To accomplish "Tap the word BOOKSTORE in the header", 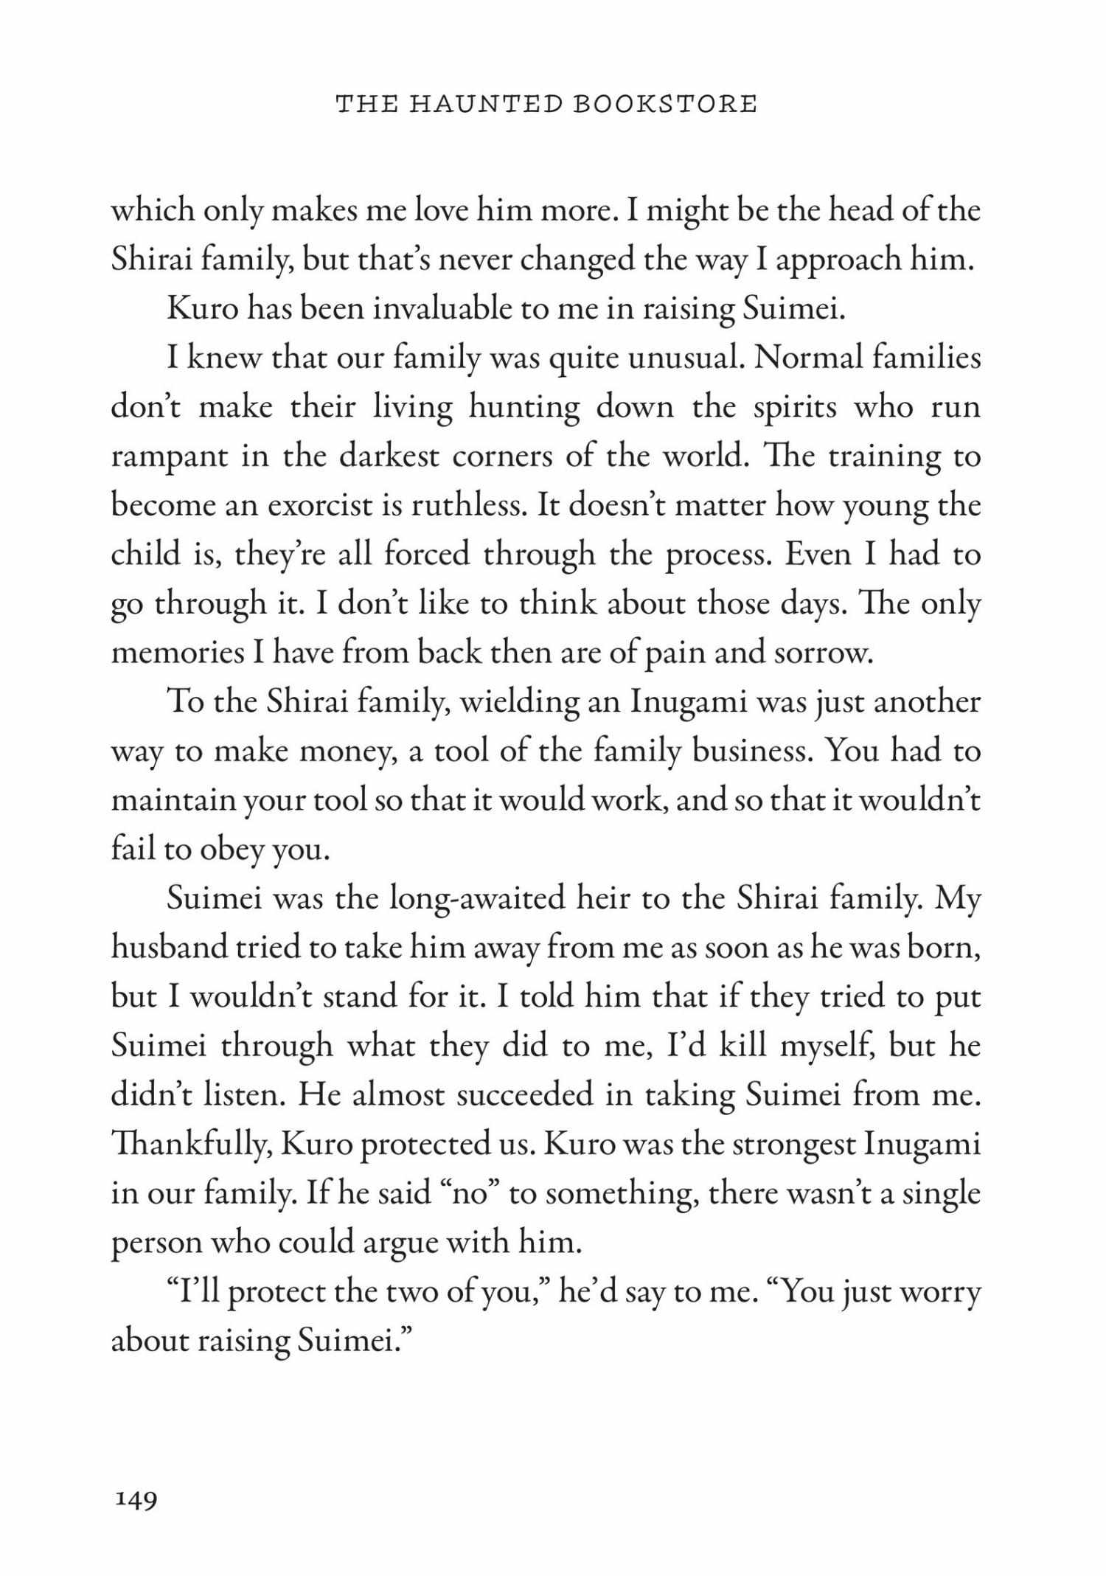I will [665, 104].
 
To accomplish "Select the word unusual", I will [684, 358].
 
